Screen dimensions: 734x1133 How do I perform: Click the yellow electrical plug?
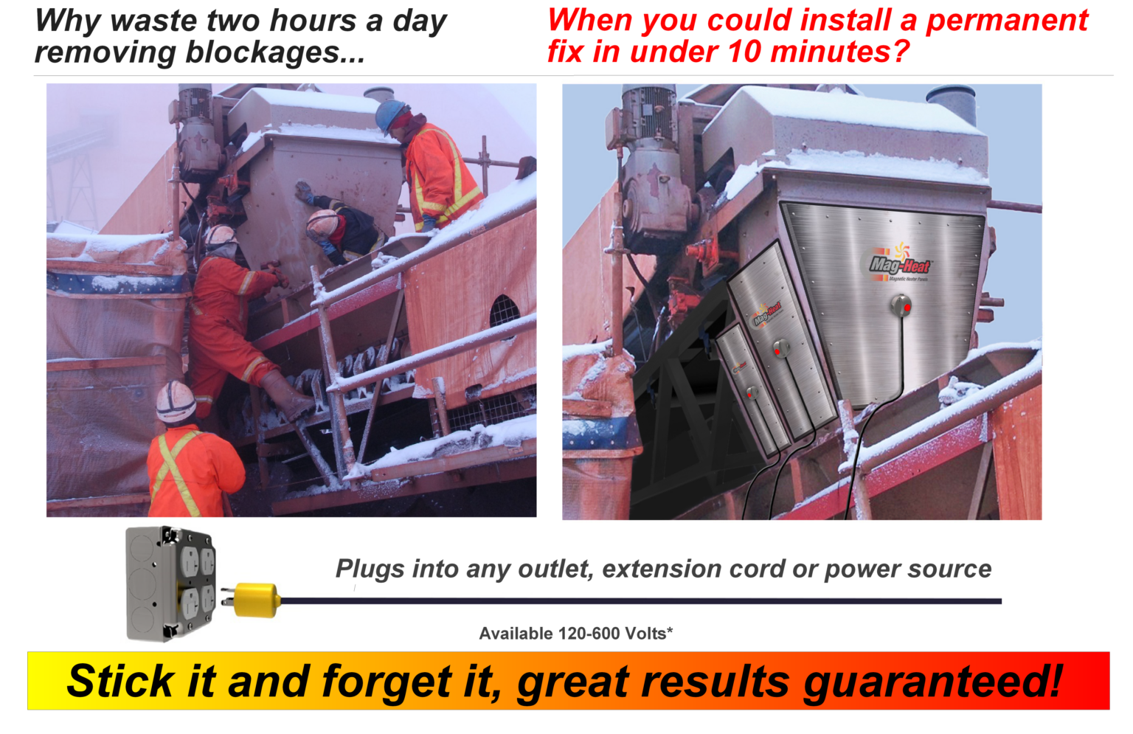pyautogui.click(x=256, y=599)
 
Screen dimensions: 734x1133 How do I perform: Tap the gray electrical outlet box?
pyautogui.click(x=170, y=583)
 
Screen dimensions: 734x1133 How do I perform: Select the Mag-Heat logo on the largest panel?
pyautogui.click(x=900, y=264)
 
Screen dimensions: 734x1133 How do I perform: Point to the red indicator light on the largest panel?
pyautogui.click(x=907, y=307)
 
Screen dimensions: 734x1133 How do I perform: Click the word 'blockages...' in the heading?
pyautogui.click(x=274, y=52)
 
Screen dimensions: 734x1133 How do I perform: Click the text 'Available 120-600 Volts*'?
pyautogui.click(x=575, y=634)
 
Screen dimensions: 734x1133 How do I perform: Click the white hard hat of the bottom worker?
pyautogui.click(x=176, y=401)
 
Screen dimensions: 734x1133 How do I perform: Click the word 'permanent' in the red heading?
pyautogui.click(x=1006, y=20)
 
